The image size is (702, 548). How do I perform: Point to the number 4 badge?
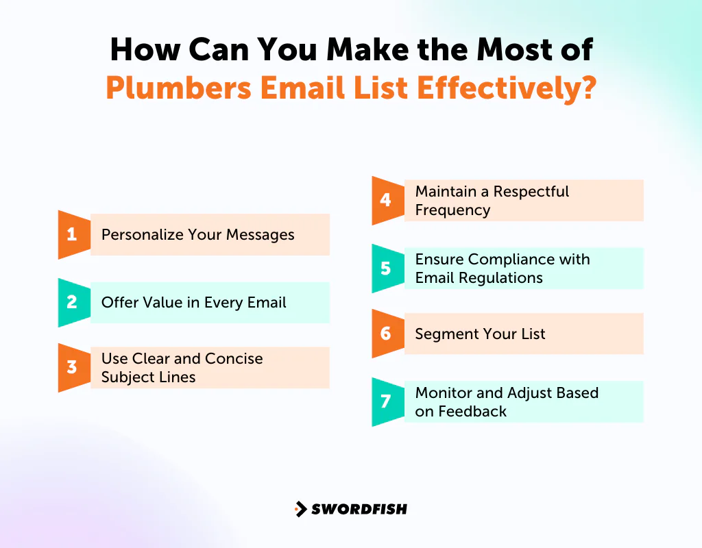386,200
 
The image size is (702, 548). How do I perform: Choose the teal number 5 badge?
386,269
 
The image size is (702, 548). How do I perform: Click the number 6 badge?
386,334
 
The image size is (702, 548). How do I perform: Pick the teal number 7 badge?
386,402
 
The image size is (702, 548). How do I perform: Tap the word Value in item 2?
161,303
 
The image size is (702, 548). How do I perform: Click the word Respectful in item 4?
531,192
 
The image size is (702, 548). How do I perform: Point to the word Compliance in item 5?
516,260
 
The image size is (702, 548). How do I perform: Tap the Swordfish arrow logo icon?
300,509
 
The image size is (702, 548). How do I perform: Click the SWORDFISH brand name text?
359,509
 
